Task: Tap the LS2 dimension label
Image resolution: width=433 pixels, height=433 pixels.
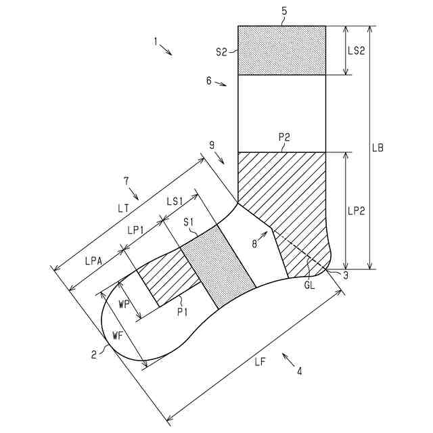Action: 358,51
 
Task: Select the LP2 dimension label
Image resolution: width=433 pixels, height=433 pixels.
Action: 358,210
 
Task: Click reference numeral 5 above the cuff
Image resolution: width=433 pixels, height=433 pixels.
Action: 284,12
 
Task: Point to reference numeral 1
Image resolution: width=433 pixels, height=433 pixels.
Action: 155,42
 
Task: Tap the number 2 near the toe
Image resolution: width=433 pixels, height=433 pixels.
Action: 94,352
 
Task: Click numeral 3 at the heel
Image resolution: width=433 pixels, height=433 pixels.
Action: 345,275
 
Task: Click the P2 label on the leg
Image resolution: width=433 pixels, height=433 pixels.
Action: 284,137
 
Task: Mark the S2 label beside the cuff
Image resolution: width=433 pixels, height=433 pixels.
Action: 222,51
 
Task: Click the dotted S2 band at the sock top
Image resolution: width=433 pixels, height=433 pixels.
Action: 281,51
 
